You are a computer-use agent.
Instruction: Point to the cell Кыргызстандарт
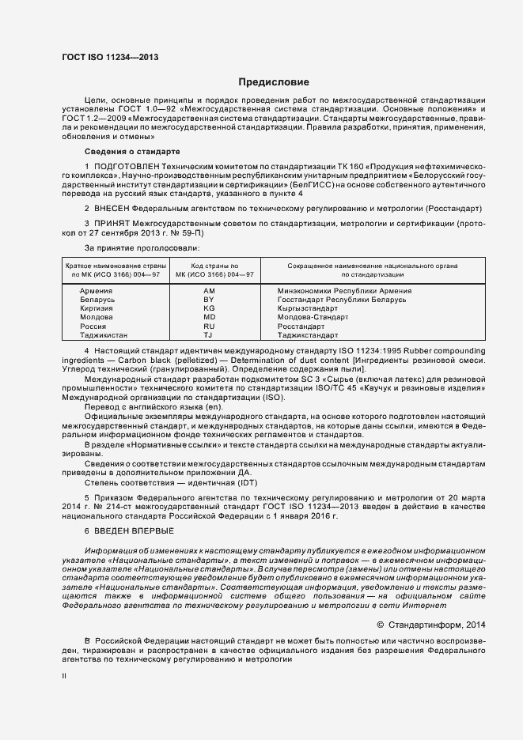point(308,309)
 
